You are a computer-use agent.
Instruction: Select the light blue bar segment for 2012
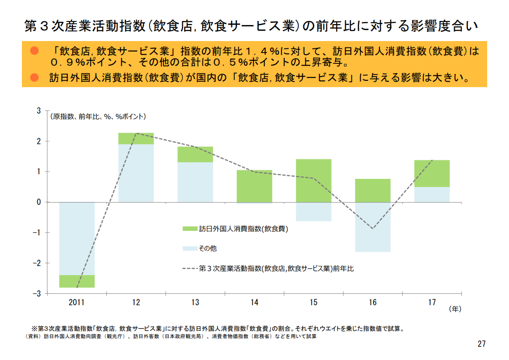click(136, 173)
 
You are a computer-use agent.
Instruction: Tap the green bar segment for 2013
click(195, 154)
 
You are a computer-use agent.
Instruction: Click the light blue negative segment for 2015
click(313, 212)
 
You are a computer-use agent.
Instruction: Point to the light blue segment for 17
click(432, 194)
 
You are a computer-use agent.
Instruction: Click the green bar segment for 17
click(432, 173)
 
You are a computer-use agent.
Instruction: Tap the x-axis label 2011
click(77, 303)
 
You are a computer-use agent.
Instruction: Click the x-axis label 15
click(313, 303)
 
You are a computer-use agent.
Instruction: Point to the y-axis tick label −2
click(39, 263)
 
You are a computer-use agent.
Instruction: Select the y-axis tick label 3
click(39, 111)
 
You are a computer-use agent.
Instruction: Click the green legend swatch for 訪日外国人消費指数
click(189, 229)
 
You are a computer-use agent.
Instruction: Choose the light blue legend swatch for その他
click(189, 249)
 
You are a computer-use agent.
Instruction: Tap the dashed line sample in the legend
click(189, 268)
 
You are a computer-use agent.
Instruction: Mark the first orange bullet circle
click(34, 50)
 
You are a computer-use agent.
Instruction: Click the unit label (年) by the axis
click(455, 309)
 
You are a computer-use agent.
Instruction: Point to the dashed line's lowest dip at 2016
click(373, 229)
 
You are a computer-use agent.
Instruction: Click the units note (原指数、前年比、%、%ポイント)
click(98, 117)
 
